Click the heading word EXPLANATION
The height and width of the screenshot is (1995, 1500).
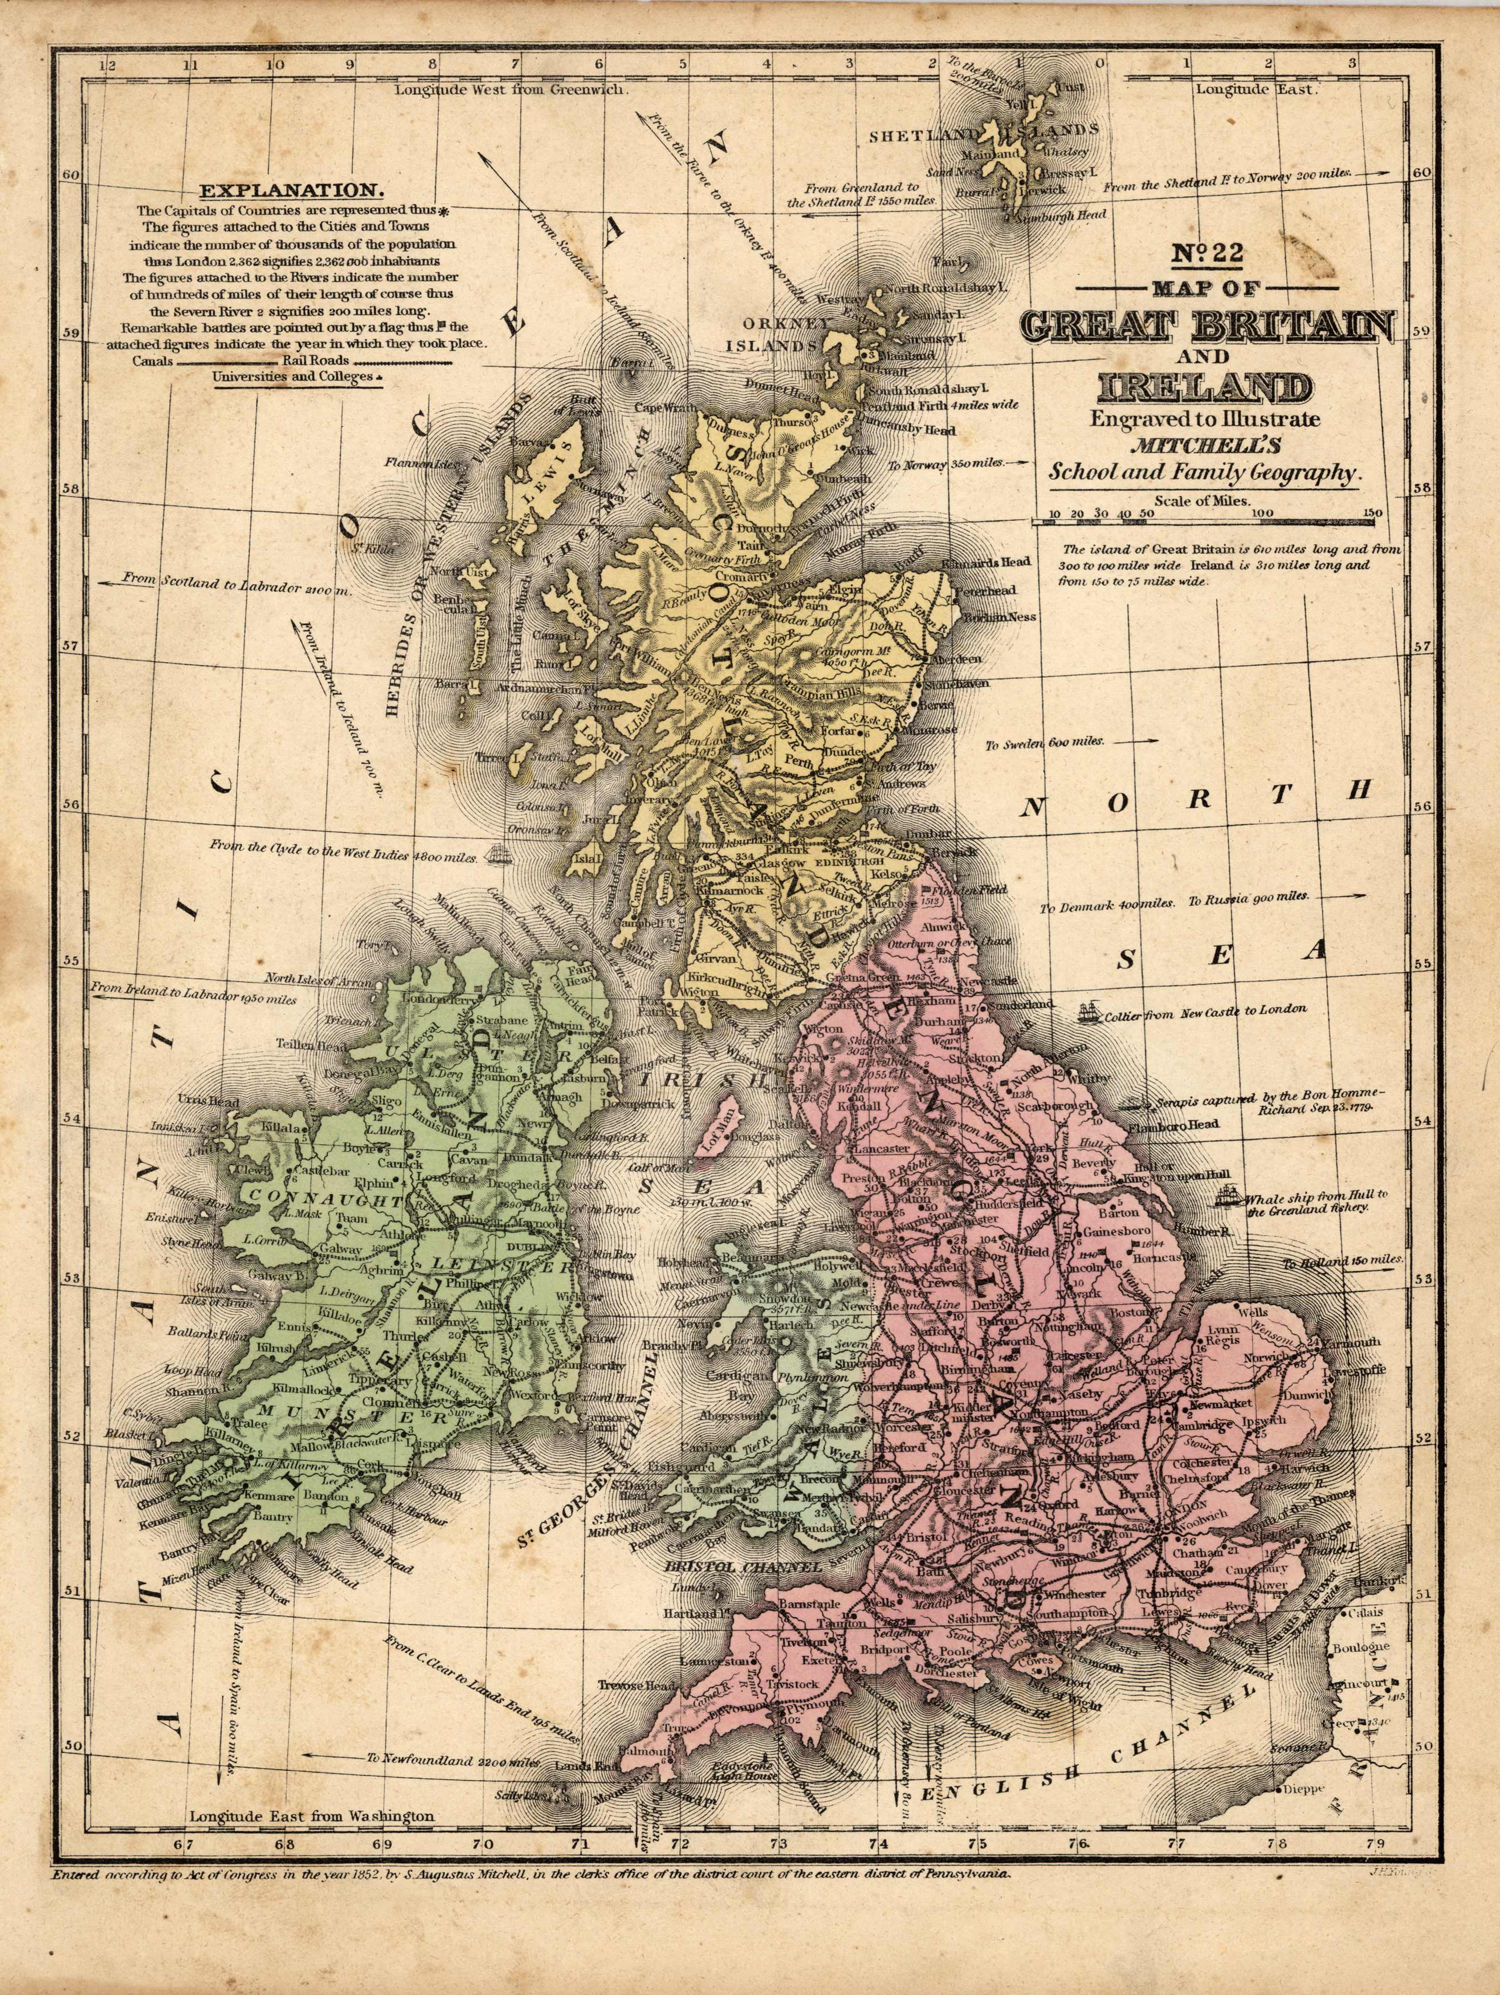[291, 191]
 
